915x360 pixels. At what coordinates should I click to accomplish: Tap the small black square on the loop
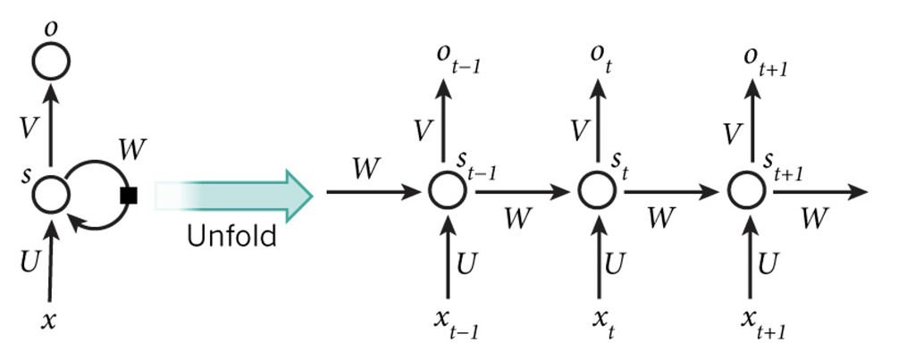tap(129, 196)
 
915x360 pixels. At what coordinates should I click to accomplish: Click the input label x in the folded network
tap(50, 320)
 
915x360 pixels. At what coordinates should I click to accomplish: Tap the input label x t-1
tap(455, 322)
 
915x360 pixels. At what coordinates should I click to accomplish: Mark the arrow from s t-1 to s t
tap(518, 192)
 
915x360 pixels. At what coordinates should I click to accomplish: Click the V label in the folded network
tap(29, 128)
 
